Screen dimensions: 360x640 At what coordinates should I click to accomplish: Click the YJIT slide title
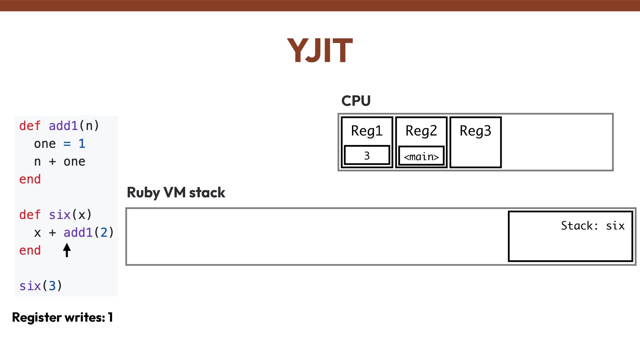320,51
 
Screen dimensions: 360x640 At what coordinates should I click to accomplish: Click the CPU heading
356,101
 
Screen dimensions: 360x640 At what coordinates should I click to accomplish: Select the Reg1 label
367,131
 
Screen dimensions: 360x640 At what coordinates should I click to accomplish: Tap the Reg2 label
421,131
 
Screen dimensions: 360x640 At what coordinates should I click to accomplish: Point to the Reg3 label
475,131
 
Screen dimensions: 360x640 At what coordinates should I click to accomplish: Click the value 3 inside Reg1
367,156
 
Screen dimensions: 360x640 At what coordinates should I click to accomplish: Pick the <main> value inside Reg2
421,156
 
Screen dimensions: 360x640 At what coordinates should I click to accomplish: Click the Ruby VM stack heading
176,193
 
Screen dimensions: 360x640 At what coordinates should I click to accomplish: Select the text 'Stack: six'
592,226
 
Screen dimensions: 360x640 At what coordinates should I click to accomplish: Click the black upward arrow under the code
67,250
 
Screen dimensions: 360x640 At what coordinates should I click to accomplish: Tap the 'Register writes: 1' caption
62,317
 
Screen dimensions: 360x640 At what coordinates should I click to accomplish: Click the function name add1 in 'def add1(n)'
63,126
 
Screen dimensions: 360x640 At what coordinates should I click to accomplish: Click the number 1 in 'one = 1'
82,144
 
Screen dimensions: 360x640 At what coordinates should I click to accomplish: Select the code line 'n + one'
60,162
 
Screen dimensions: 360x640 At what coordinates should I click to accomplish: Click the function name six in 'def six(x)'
60,215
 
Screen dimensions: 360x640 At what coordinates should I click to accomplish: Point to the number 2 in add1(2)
104,232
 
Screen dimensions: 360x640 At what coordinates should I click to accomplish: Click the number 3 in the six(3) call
52,286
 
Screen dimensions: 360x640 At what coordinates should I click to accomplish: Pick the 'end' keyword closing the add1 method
30,179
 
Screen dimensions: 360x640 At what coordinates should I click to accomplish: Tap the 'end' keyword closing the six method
30,250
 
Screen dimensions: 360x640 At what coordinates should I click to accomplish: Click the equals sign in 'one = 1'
67,144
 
